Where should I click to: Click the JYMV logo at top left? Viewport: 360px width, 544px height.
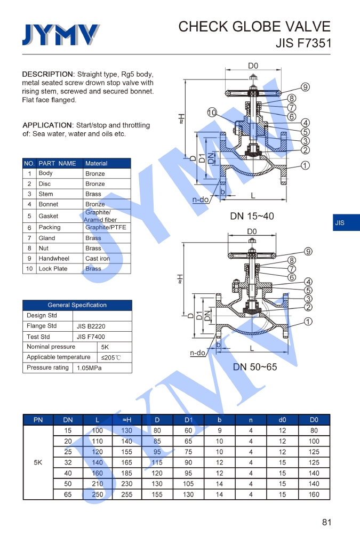pos(60,35)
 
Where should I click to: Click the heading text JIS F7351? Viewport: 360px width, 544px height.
pos(303,43)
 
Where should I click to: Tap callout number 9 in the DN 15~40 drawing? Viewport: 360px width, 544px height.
pos(306,87)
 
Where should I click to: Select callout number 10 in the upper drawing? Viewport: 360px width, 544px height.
pos(212,113)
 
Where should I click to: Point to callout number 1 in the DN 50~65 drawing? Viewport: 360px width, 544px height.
pos(308,322)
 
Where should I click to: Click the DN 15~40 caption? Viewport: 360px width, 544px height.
pos(252,216)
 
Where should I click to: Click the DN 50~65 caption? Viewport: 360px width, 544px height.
pos(255,367)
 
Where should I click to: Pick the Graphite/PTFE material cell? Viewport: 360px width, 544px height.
pos(106,227)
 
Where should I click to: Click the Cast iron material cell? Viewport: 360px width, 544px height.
pos(98,259)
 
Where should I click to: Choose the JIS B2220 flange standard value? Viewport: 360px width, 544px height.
pos(91,326)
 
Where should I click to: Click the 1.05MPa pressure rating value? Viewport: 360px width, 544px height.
pos(89,368)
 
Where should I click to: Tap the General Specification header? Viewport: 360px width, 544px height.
pos(77,305)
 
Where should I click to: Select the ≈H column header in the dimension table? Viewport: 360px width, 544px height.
pos(126,420)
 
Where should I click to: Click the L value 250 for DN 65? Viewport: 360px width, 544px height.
pos(97,494)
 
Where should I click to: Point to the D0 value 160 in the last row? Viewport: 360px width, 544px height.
pos(314,494)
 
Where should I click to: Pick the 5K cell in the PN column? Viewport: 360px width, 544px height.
pos(38,462)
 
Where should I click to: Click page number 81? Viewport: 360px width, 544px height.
pos(327,522)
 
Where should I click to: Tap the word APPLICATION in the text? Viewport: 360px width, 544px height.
pos(47,125)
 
